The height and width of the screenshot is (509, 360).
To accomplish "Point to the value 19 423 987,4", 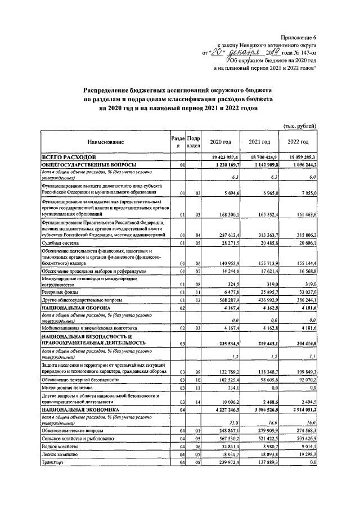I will pyautogui.click(x=223, y=157).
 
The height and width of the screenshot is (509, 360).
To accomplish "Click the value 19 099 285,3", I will pyautogui.click(x=299, y=157).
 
